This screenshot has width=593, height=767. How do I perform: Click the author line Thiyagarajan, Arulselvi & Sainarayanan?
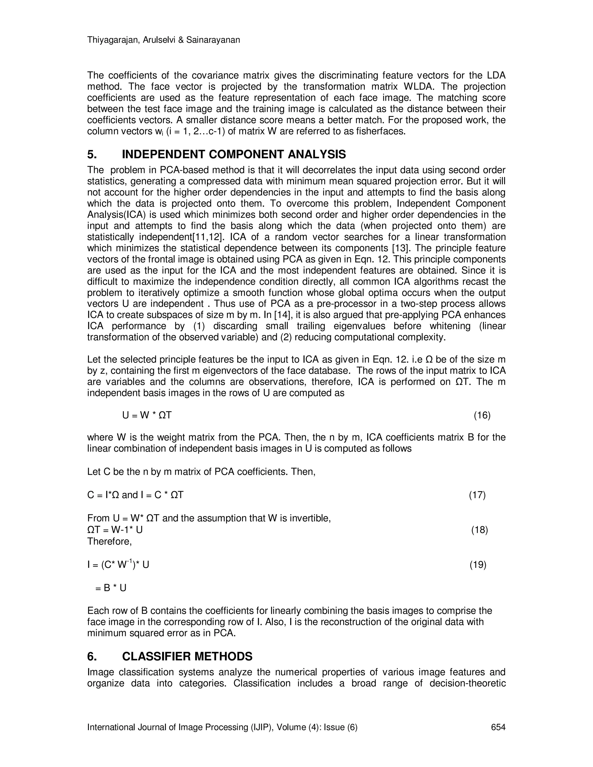point(163,40)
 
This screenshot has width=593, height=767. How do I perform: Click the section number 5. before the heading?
point(92,155)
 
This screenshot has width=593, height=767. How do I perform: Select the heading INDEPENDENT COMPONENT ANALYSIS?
point(234,155)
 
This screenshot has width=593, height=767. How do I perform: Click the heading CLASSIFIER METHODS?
point(187,656)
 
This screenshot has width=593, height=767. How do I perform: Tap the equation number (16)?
point(482,415)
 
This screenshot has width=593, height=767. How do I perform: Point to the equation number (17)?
point(477,495)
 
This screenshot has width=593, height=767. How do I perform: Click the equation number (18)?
point(479,530)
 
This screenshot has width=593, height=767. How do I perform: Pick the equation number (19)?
point(478,565)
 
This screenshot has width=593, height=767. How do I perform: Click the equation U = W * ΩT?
point(147,415)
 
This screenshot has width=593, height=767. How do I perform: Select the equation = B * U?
point(111,588)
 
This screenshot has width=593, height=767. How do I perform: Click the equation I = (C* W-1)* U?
point(118,565)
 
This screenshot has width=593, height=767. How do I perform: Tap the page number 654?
point(498,727)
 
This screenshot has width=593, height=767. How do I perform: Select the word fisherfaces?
point(380,132)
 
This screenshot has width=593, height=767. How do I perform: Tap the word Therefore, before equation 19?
point(109,542)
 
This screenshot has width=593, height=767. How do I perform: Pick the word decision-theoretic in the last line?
point(467,683)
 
